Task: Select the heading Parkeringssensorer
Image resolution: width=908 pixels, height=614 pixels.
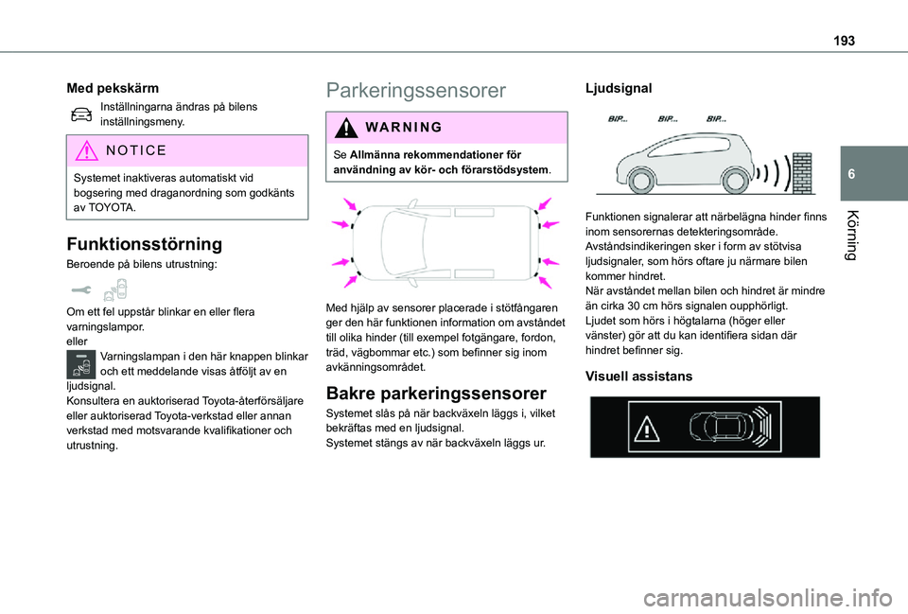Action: [415, 91]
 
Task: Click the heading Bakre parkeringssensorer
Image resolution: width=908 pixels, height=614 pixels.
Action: [435, 393]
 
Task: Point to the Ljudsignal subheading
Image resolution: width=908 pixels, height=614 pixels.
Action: [619, 87]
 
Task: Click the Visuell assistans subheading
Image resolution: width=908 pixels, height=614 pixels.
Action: [638, 376]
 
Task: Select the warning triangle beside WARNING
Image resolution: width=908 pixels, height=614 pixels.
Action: [342, 128]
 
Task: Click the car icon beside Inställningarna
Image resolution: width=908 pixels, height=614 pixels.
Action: [81, 114]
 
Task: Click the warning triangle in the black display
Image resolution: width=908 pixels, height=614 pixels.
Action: [646, 430]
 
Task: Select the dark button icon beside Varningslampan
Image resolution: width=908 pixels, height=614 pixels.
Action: [81, 363]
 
